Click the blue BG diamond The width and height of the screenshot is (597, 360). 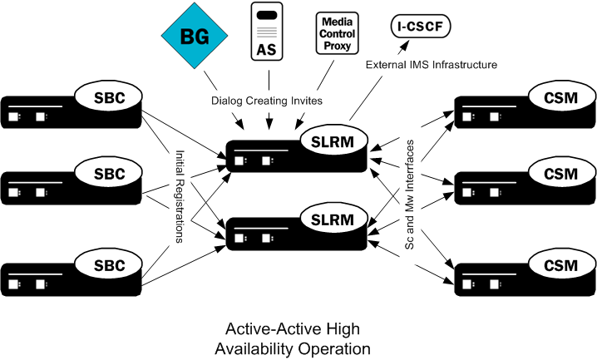195,37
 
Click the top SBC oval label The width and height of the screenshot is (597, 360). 110,97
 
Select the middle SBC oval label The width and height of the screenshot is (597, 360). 110,174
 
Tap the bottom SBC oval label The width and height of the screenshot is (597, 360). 110,265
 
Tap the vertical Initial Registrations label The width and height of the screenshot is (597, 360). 180,196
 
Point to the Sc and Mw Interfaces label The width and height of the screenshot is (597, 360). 409,197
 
